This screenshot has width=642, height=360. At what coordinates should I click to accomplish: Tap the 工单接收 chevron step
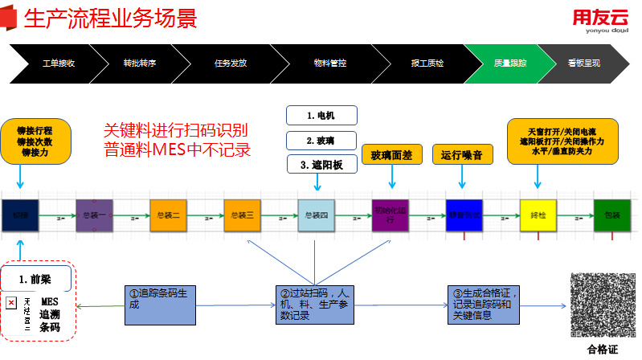click(x=56, y=62)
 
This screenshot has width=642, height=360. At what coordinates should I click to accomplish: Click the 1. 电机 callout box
click(x=321, y=116)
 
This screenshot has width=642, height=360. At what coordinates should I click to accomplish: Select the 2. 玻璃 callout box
click(x=321, y=140)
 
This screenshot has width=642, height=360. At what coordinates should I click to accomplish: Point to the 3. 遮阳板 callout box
click(x=321, y=165)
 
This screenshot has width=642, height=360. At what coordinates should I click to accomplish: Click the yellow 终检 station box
click(x=538, y=215)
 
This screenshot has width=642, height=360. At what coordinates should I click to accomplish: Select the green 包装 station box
click(x=612, y=215)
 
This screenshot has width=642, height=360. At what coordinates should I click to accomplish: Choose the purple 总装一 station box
click(x=94, y=215)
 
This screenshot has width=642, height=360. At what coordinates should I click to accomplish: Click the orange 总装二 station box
click(x=168, y=215)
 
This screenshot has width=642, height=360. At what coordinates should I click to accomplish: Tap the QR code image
click(x=602, y=305)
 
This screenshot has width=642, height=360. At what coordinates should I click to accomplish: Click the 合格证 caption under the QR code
click(x=602, y=350)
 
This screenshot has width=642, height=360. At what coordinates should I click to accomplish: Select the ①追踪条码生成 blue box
click(x=158, y=305)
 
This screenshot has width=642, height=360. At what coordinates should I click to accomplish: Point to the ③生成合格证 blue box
click(x=486, y=305)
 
